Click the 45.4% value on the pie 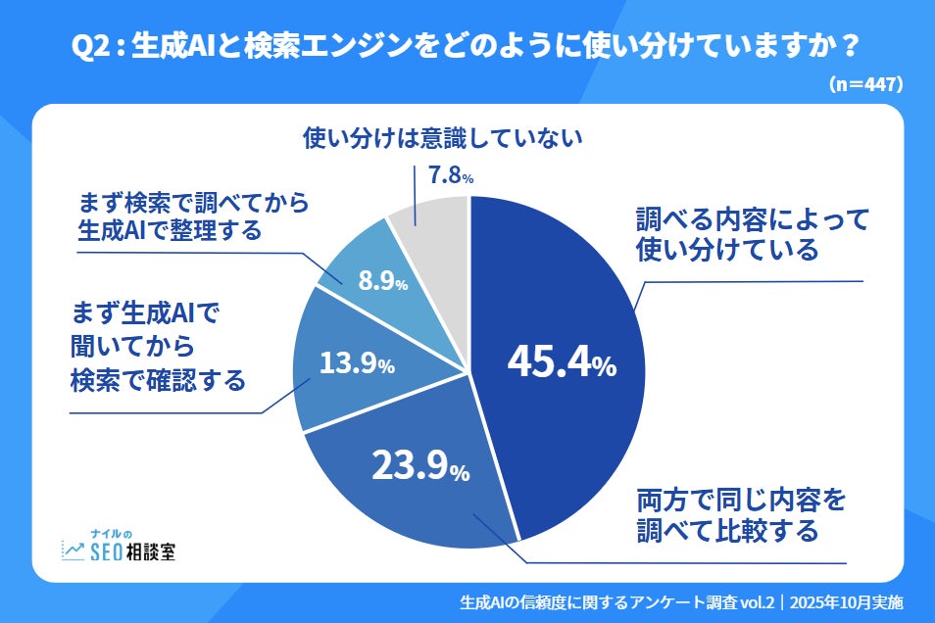click(x=561, y=362)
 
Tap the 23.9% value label click(x=419, y=465)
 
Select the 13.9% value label click(x=357, y=363)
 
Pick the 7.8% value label click(x=452, y=176)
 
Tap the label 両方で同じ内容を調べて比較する click(x=739, y=516)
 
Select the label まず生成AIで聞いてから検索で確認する click(x=157, y=347)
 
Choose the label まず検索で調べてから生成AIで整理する click(x=192, y=217)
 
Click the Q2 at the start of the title click(x=91, y=46)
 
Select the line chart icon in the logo click(x=74, y=551)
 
